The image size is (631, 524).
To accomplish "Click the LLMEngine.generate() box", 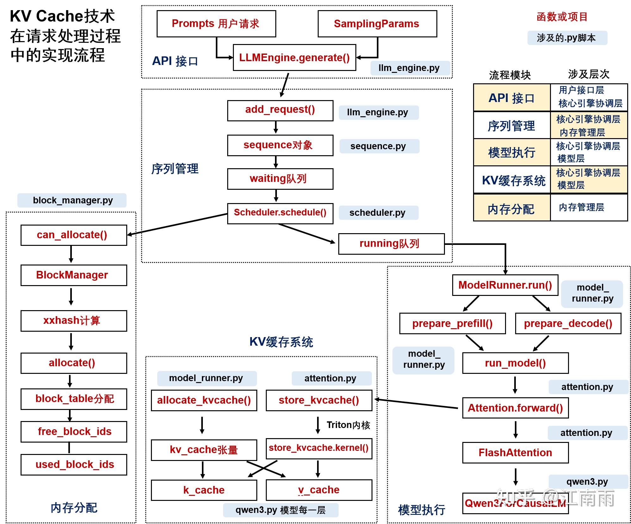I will pos(294,58).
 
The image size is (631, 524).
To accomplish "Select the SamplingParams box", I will pos(377,24).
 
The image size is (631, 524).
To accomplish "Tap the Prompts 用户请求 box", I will pos(216,24).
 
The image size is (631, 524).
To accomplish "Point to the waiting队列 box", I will pos(280,179).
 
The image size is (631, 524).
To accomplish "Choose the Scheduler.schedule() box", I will pos(280,213).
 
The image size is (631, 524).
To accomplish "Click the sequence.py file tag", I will pos(379,146).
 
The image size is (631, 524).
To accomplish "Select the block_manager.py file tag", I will pos(72,200).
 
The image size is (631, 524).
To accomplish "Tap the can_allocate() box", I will pos(73,235).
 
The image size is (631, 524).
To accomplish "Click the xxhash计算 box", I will pos(73,321).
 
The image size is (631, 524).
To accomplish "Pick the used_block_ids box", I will pos(73,464).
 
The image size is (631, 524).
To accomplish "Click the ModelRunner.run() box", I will pos(505,285).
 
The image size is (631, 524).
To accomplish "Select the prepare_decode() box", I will pos(568,323).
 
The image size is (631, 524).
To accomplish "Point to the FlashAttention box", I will pos(515,453).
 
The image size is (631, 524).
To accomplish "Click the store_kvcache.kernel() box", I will pos(319,448).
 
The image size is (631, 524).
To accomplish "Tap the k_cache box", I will pos(204,490).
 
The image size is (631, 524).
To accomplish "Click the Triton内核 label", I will pos(348,425).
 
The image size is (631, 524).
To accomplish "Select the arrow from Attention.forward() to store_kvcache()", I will pos(416,404).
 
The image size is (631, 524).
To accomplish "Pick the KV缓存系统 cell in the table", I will pos(512,180).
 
